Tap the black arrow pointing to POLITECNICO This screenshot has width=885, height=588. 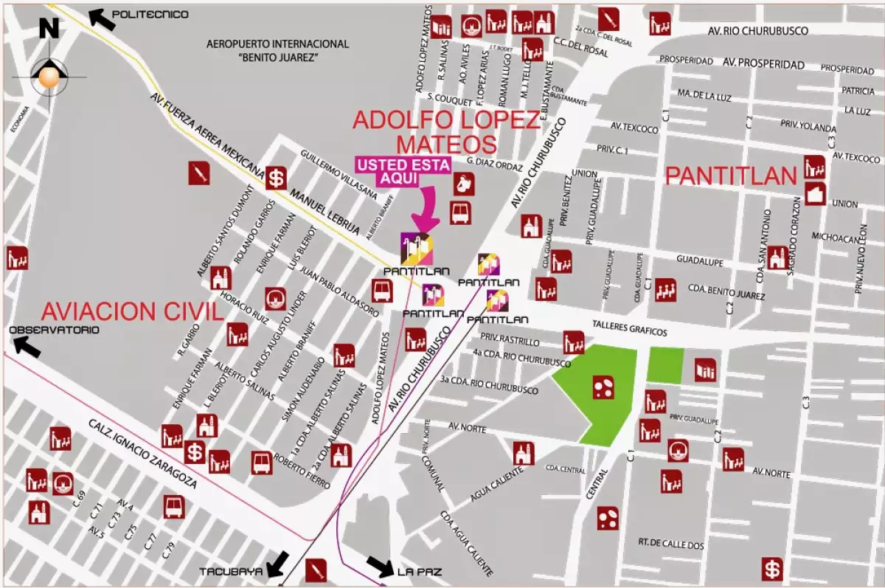103,18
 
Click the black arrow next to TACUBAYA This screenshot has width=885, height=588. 277,564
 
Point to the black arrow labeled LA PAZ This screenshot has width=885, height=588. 381,566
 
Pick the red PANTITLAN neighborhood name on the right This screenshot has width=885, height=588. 731,176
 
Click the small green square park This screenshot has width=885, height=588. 665,365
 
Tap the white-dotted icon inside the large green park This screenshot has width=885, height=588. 603,387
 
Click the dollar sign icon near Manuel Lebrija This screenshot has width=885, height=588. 276,178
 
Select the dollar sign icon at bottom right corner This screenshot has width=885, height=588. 772,570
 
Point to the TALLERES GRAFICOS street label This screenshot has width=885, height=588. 630,333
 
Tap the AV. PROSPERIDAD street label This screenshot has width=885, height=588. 763,64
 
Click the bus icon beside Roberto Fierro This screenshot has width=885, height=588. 262,463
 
